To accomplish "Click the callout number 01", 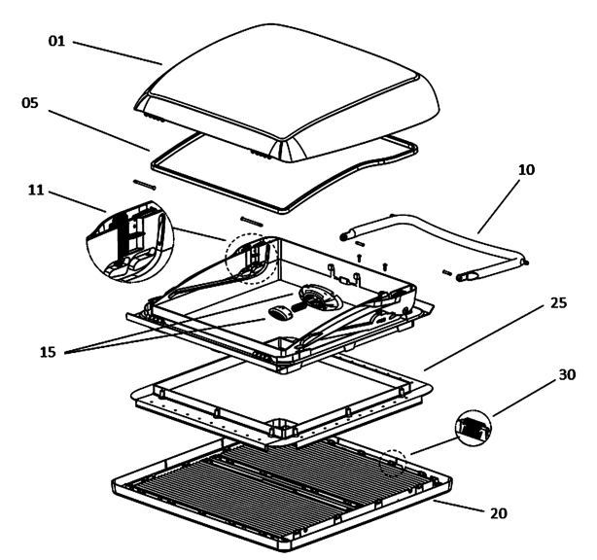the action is pos(56,41).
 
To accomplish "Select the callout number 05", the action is pos(30,103).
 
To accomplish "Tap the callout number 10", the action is pos(526,170).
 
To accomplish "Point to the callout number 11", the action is pos(36,190).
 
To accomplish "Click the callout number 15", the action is pos(48,352).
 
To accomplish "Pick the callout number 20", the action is pos(499,513).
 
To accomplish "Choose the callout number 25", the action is pos(559,303).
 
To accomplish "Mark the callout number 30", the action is pos(567,375).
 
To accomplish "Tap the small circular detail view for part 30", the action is pos(474,429).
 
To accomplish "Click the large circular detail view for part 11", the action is pos(129,242).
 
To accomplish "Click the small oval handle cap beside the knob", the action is pos(281,313).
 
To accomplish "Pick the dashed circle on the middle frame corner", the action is pos(252,259).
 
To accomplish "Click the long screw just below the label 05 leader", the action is pos(145,185).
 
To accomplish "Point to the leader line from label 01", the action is pos(118,52).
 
